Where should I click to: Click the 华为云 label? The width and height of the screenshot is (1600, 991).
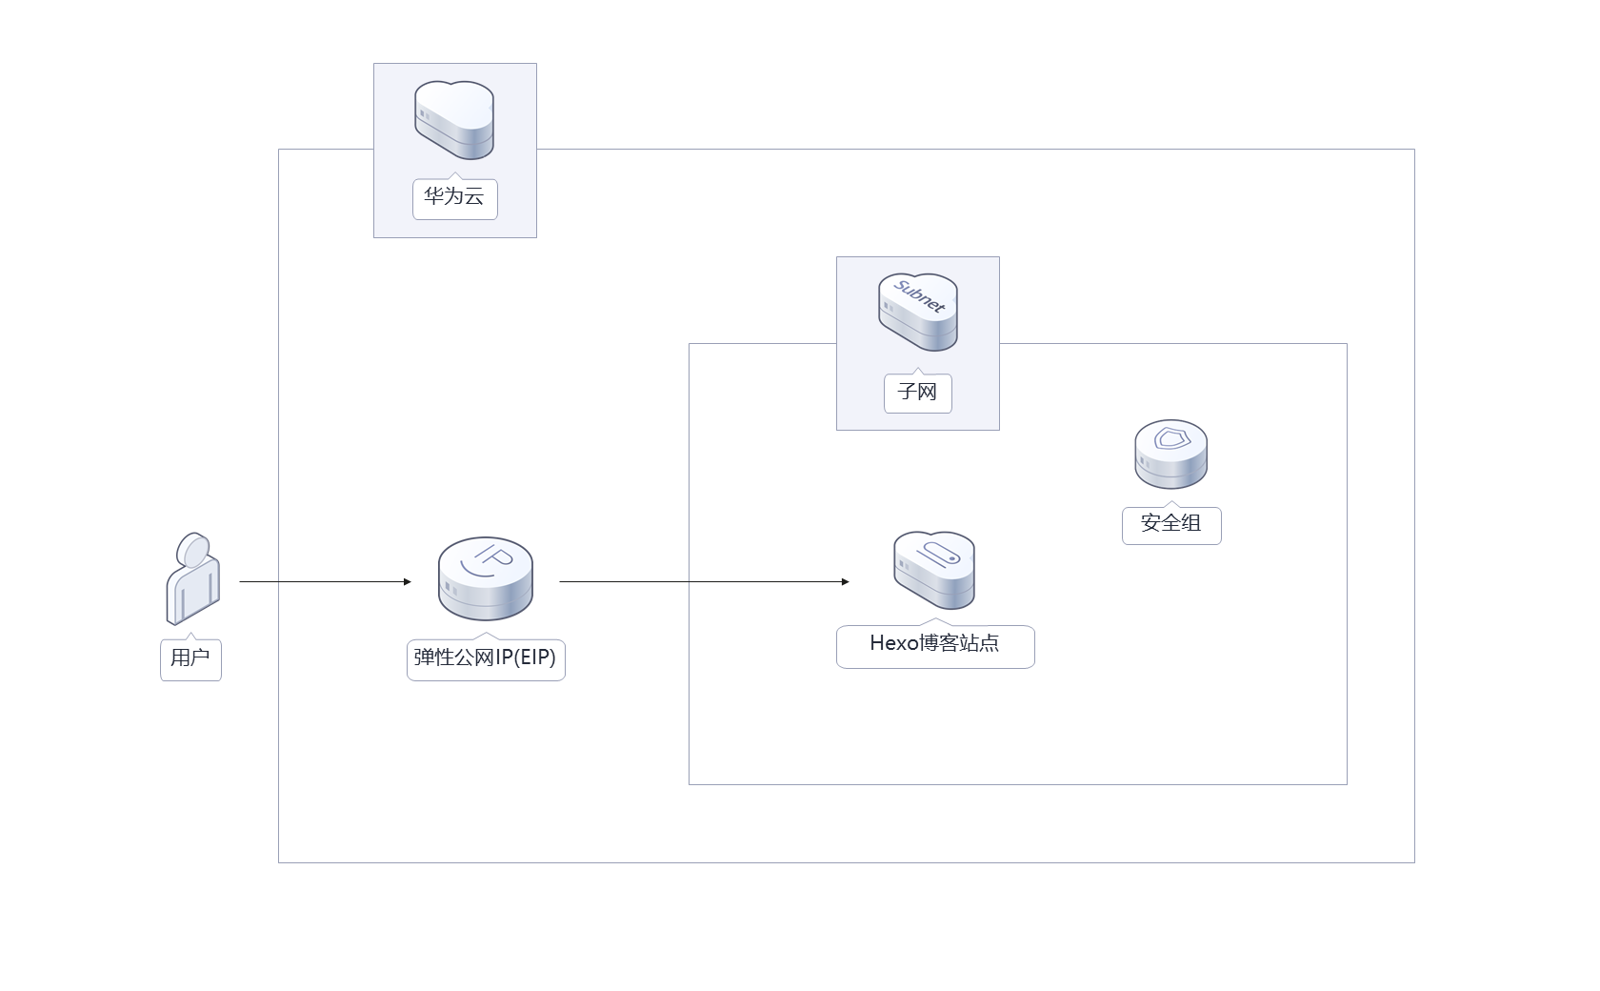(x=454, y=197)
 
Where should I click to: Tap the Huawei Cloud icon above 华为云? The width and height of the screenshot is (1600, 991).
(x=454, y=120)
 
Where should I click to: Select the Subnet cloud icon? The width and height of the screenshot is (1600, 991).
(x=917, y=313)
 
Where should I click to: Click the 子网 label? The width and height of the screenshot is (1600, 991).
(x=917, y=392)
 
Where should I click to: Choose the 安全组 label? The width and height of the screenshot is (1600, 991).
(x=1170, y=523)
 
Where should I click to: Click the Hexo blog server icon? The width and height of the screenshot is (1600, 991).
(x=934, y=570)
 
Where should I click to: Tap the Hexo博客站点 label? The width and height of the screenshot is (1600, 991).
(x=934, y=644)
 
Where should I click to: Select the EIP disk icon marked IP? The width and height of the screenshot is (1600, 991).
(x=486, y=578)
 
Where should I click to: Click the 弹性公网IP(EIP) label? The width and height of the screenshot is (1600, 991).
(x=485, y=657)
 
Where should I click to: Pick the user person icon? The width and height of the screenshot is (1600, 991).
(x=192, y=578)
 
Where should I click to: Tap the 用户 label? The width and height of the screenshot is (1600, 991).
(x=190, y=657)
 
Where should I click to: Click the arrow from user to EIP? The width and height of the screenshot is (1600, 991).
(x=324, y=581)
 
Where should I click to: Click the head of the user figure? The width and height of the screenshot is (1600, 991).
(x=194, y=549)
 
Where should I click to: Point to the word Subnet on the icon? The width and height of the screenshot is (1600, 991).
(x=919, y=296)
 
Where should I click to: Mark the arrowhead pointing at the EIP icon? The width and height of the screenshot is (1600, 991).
(x=407, y=581)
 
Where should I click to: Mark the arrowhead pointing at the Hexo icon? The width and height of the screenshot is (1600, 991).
(x=845, y=581)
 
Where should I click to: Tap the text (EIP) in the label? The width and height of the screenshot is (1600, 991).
(x=534, y=657)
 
